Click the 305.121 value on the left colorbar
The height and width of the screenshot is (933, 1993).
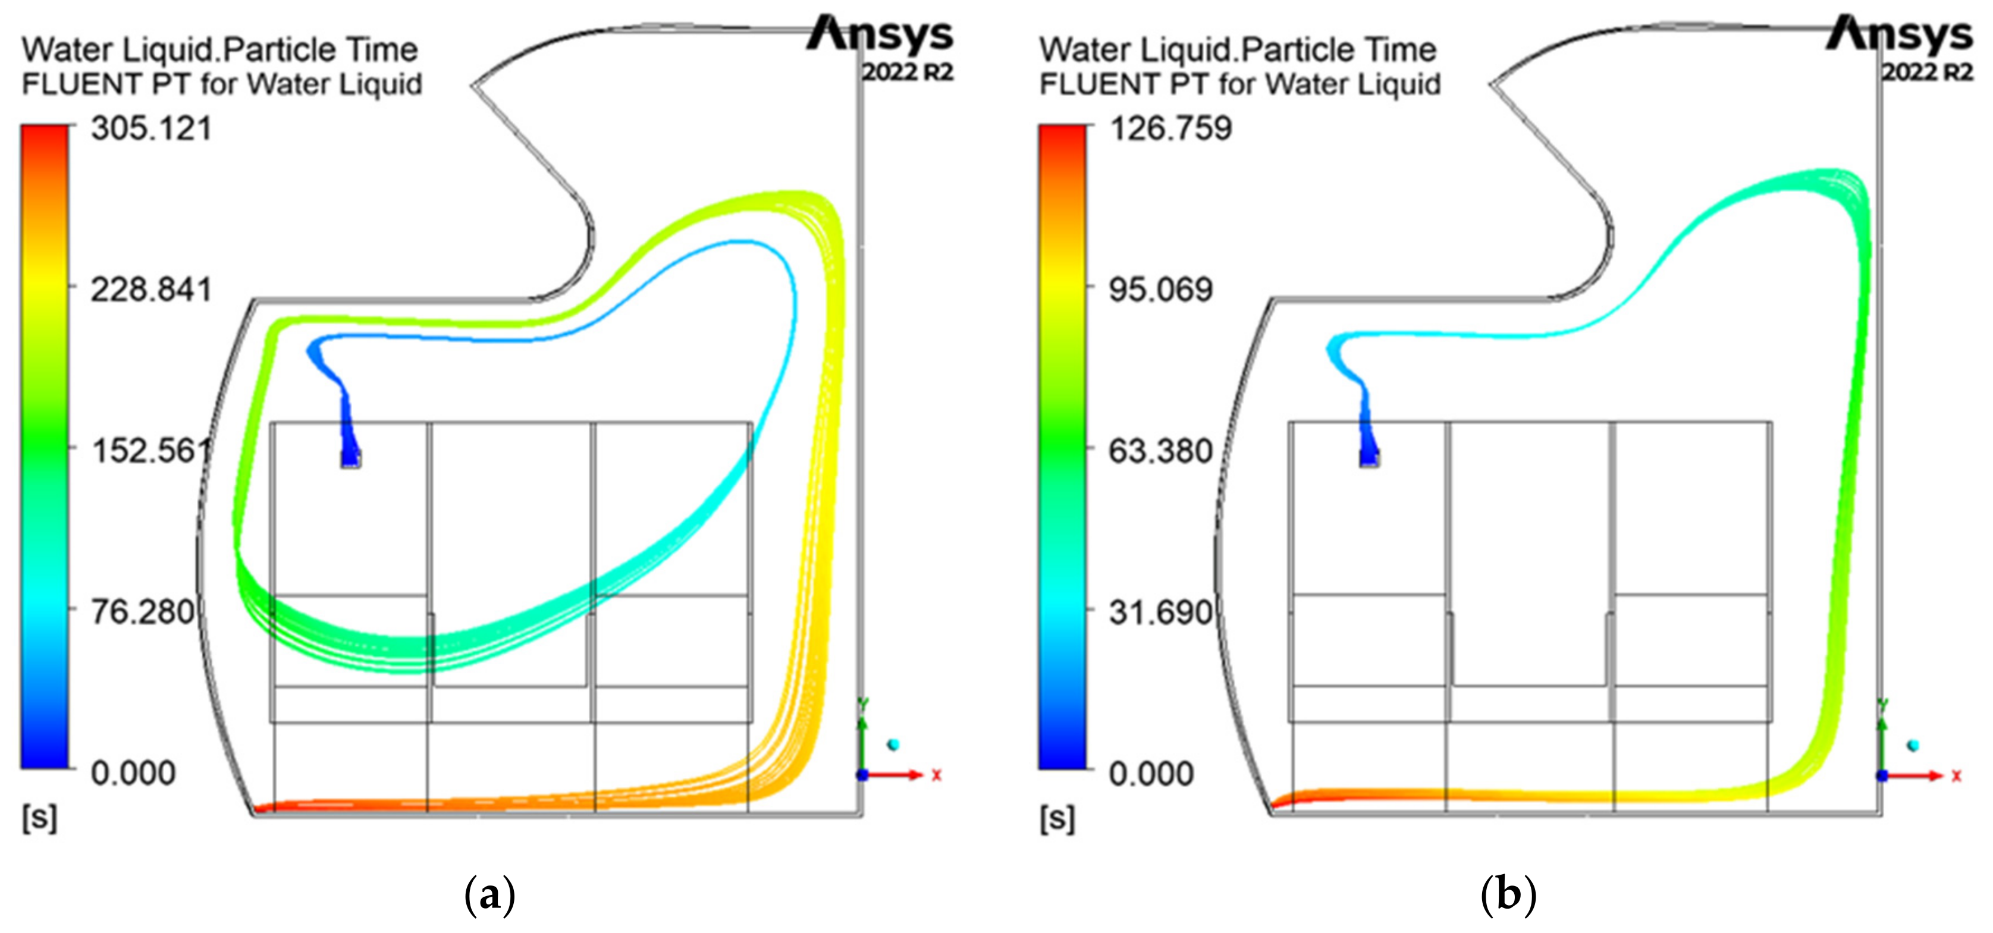tap(151, 128)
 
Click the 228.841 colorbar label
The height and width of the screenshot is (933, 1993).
tap(151, 290)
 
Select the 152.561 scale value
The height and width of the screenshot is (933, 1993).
tap(151, 451)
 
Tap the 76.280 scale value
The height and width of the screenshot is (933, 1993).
tap(143, 612)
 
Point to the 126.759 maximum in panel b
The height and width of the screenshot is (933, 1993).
tap(1170, 128)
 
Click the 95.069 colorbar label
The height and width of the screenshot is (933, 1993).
tap(1160, 290)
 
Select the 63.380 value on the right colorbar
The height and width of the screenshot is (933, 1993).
tap(1160, 451)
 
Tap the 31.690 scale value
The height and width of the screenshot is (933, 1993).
tap(1160, 612)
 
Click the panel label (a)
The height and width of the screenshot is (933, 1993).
tap(489, 895)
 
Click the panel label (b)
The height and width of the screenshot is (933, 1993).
tap(1508, 895)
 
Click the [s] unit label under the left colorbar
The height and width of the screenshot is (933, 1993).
tap(39, 818)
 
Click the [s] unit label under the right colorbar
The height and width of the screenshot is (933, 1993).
tap(1057, 818)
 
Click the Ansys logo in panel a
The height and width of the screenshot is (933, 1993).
tap(880, 35)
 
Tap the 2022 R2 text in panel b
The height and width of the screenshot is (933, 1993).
tap(1926, 73)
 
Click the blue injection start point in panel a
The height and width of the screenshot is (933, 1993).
tap(350, 458)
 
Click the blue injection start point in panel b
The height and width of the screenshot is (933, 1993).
tap(1370, 458)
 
